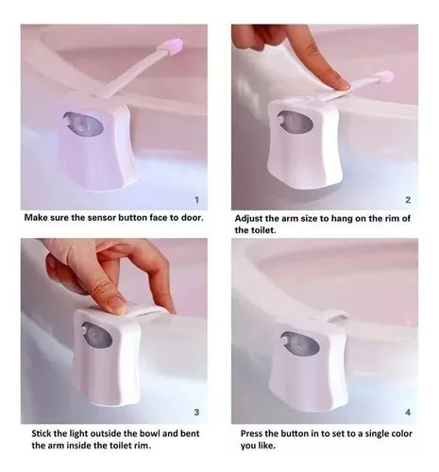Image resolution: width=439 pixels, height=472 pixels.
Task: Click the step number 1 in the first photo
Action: [x=196, y=200]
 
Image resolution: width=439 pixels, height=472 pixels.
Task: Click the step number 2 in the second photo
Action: [x=408, y=200]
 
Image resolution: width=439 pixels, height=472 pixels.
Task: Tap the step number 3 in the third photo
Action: [x=196, y=413]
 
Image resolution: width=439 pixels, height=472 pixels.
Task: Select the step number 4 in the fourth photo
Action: [x=408, y=413]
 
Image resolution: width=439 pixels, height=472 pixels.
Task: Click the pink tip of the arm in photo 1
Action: [x=172, y=46]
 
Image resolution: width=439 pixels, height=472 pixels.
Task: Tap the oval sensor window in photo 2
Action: [x=295, y=121]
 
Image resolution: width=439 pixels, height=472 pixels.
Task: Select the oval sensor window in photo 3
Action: [x=97, y=335]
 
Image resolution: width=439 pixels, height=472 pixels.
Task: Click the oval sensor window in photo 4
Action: [x=300, y=344]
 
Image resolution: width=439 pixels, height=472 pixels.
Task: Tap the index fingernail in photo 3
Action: [x=116, y=305]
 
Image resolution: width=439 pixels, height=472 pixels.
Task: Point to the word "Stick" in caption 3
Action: [x=42, y=433]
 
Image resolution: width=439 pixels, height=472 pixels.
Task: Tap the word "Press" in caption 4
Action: [x=252, y=433]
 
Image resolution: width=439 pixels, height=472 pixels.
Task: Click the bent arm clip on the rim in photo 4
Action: [x=335, y=315]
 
